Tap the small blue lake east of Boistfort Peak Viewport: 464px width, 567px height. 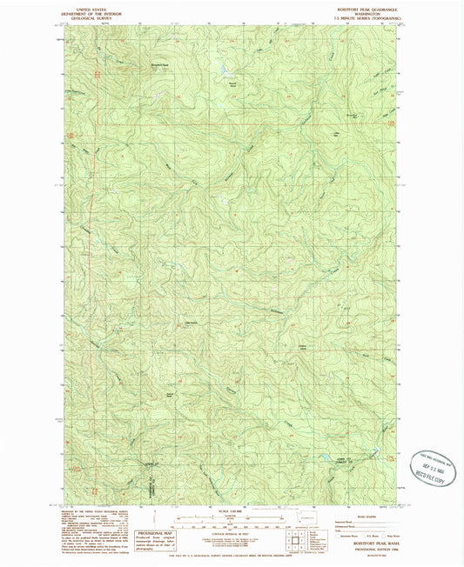point(224,70)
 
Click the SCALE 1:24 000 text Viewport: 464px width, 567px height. point(232,509)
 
